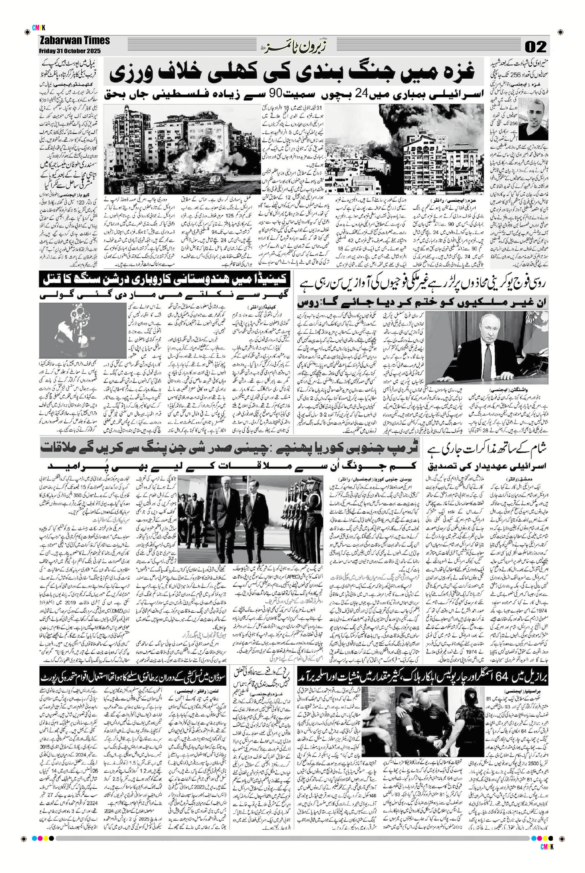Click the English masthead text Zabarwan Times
(74, 41)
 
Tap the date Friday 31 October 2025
(70, 51)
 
